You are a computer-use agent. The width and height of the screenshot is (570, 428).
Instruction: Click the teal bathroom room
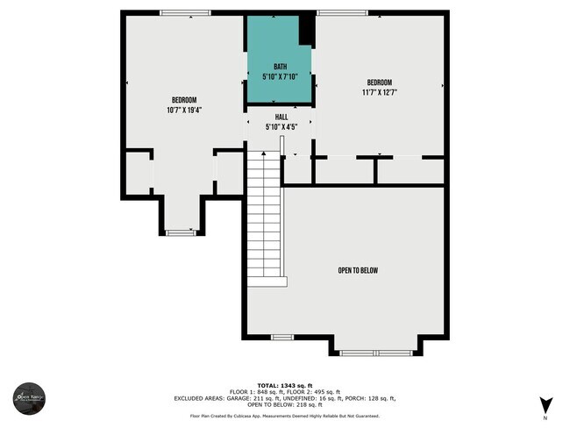276,53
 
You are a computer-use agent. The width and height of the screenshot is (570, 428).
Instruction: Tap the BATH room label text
280,67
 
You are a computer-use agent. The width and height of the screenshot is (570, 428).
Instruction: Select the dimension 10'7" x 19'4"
183,110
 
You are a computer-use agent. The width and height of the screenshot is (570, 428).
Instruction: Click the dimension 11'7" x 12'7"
380,92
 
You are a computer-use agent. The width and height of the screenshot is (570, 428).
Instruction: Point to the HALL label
281,117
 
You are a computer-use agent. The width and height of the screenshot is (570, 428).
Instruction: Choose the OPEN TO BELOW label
358,270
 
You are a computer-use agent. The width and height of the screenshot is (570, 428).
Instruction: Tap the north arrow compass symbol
545,405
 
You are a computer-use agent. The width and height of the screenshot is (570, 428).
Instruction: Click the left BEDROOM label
183,99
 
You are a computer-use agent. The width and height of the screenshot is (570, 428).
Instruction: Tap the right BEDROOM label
380,82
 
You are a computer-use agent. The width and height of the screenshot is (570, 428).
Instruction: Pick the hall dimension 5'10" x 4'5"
281,127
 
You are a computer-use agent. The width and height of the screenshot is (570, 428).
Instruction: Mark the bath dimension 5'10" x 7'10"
280,77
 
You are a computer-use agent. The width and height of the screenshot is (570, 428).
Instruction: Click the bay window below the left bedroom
180,232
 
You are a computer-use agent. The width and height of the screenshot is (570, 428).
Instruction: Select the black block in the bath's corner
306,31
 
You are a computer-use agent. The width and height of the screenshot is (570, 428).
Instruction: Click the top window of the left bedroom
185,12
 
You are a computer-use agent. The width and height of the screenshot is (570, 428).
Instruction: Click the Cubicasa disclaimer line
285,416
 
